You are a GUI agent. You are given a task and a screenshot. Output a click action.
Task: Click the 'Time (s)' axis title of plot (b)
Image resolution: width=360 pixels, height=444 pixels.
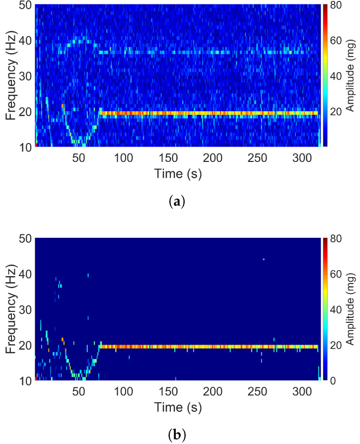click(177, 407)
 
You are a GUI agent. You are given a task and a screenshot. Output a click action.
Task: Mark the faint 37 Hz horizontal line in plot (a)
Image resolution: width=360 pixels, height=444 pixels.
click(209, 52)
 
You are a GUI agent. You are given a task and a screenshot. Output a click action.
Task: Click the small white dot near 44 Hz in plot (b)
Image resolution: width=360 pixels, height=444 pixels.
click(264, 259)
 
